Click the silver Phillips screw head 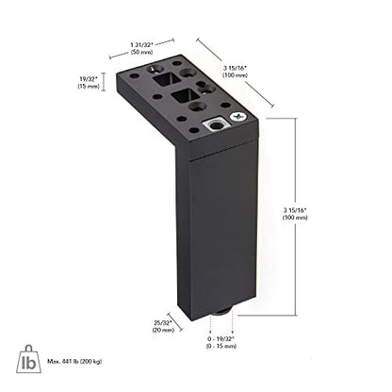pyautogui.click(x=238, y=117)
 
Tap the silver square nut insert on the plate pyautogui.click(x=216, y=125)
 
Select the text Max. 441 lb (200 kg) pyautogui.click(x=74, y=362)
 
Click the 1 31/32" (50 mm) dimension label pyautogui.click(x=141, y=48)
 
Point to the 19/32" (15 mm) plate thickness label pyautogui.click(x=89, y=82)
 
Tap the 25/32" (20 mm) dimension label pyautogui.click(x=163, y=326)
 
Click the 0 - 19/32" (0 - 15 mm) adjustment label pyautogui.click(x=221, y=342)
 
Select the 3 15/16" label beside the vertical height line pyautogui.click(x=295, y=214)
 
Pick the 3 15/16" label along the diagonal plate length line pyautogui.click(x=235, y=72)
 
